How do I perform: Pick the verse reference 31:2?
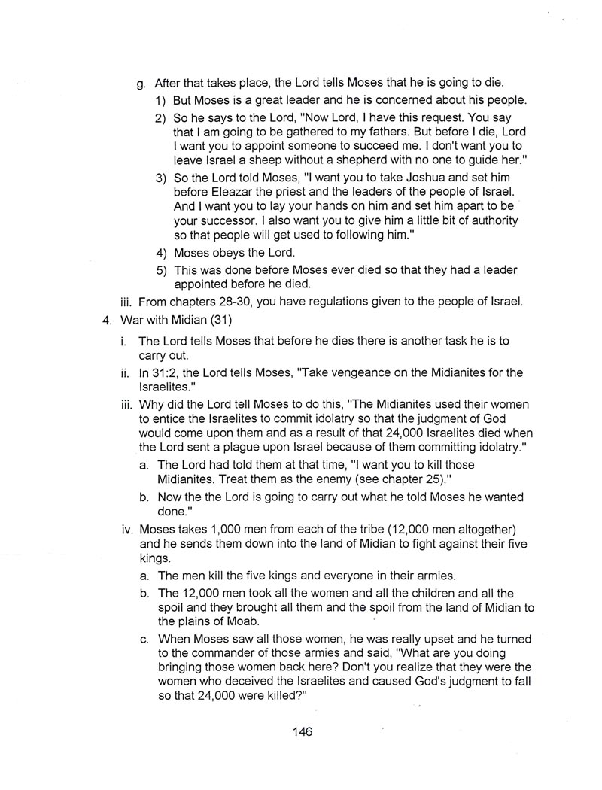[167, 373]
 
